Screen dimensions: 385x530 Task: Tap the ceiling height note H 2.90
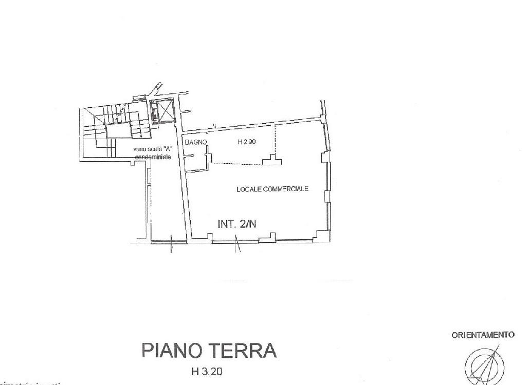247,143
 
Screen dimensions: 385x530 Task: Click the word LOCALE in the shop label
248,189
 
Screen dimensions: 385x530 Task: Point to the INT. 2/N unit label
237,224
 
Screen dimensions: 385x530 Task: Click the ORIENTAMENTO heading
483,335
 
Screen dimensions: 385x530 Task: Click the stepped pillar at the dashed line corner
272,161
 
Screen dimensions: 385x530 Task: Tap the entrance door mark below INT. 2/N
237,244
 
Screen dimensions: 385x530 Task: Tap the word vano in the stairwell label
139,149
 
